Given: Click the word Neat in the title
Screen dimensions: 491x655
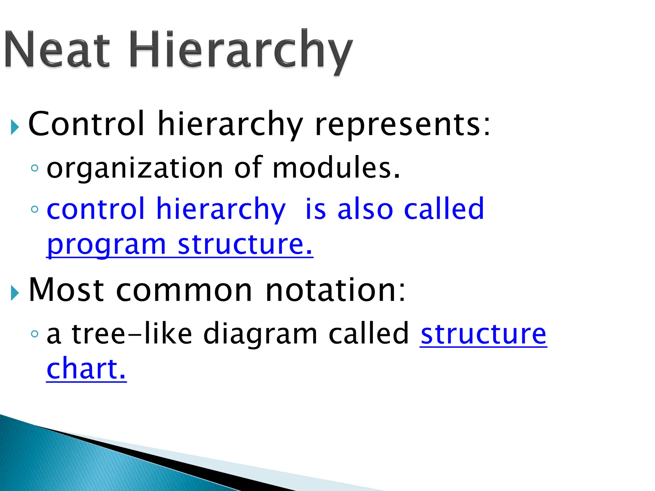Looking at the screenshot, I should [58, 50].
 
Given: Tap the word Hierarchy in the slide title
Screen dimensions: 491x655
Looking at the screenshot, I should [241, 51].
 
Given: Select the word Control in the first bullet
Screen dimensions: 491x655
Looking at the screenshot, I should [86, 124].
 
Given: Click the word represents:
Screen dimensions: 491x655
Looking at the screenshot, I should [402, 125].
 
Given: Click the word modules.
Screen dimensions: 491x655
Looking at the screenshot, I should [336, 168].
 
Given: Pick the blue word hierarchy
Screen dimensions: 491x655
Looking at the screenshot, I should [221, 209].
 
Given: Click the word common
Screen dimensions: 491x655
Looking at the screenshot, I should [184, 290].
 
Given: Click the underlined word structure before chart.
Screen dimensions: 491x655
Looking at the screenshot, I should [483, 334].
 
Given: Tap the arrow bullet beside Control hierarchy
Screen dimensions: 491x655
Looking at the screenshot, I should [15, 127].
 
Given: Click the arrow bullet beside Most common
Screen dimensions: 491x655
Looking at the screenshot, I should [15, 293].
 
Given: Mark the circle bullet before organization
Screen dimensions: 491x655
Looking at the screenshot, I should [35, 168].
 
